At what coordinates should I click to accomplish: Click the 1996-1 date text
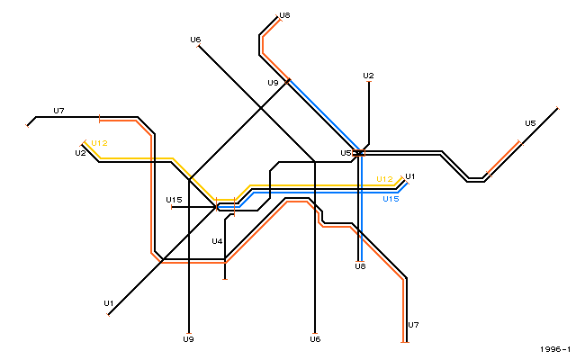555,349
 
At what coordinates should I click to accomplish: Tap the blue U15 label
391,199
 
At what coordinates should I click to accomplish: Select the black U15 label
174,200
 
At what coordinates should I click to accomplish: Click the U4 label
217,241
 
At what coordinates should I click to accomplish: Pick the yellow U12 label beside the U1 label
384,179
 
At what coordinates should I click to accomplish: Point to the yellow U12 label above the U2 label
99,143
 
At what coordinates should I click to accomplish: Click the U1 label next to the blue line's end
410,176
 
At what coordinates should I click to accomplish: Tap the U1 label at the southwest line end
109,303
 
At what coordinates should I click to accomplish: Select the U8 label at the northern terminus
284,15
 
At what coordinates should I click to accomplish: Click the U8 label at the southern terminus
360,266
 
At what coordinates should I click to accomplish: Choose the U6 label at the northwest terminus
195,40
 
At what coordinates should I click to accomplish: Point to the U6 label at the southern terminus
315,339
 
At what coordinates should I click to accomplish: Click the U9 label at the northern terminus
273,83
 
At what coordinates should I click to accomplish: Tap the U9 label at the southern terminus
188,339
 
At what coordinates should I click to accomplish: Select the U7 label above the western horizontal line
58,111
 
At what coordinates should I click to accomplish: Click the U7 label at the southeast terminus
413,325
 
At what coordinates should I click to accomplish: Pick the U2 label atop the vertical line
368,76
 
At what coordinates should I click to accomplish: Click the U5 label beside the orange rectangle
346,153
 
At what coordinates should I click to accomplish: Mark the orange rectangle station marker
358,153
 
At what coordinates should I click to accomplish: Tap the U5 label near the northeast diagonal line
530,123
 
